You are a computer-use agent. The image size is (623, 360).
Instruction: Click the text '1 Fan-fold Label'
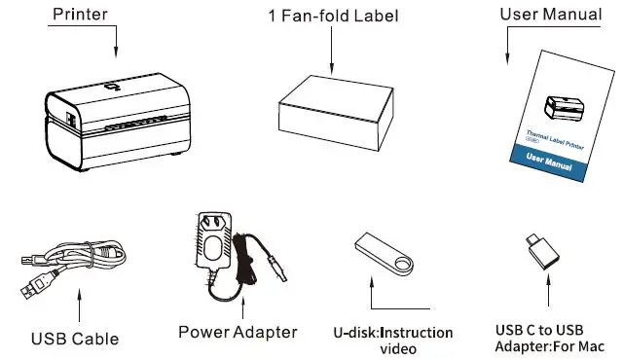[334, 16]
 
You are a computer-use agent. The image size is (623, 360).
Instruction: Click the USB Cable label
[75, 340]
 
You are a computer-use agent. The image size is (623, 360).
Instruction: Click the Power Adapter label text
[238, 332]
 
